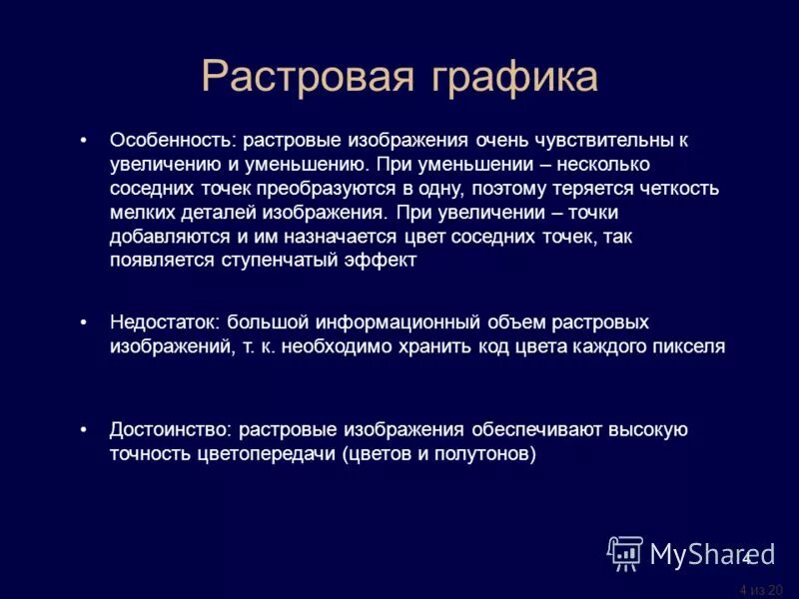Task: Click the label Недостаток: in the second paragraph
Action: point(165,323)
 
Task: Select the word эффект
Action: point(375,260)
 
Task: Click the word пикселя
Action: point(689,347)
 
